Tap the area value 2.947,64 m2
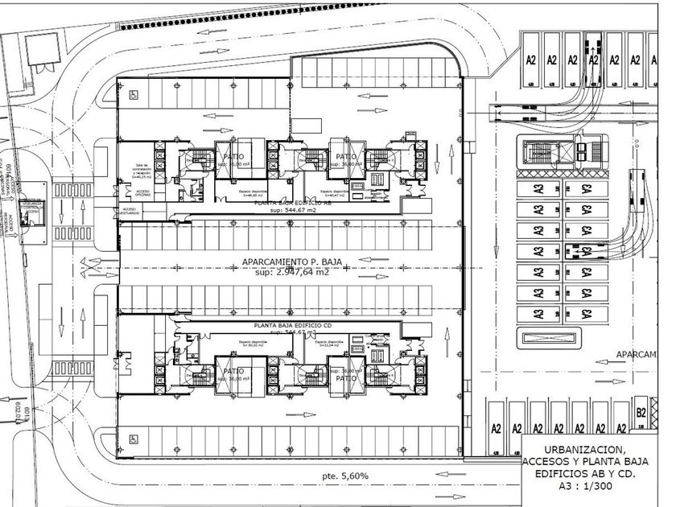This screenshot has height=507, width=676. [x=291, y=272]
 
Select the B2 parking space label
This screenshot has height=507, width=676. [x=641, y=413]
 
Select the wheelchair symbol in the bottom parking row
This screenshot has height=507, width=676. [x=131, y=439]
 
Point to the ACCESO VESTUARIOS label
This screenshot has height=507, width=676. [x=130, y=211]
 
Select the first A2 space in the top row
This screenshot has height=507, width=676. [x=531, y=60]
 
